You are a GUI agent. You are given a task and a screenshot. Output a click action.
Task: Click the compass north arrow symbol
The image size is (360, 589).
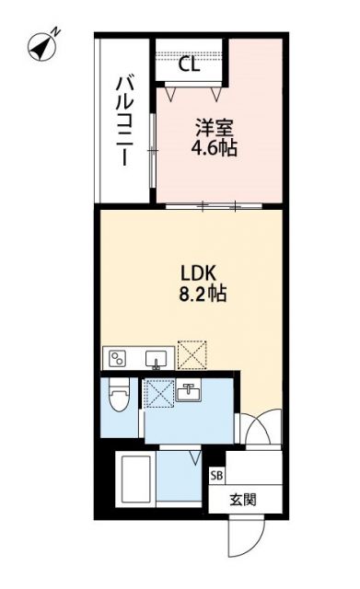pos(38,42)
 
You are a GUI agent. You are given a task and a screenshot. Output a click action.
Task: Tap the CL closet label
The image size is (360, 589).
pos(190,64)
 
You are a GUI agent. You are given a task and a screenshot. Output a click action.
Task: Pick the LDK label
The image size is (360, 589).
pos(197,274)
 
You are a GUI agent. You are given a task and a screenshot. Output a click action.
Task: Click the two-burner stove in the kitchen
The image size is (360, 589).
pos(119,358)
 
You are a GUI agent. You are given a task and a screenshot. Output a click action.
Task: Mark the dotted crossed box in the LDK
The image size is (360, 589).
pos(192,355)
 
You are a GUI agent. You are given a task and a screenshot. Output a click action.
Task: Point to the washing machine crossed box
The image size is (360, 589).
pos(160,394)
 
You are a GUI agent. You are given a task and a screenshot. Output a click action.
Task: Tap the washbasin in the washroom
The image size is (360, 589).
pos(192,393)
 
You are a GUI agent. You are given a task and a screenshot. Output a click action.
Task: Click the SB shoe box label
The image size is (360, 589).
pos(217,476)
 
